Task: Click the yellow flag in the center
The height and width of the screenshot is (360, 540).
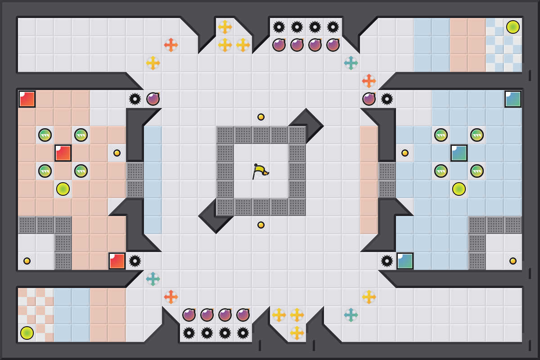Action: (x=260, y=171)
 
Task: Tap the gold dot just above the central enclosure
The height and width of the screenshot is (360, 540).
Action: (x=261, y=117)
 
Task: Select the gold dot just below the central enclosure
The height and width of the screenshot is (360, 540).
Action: (x=261, y=225)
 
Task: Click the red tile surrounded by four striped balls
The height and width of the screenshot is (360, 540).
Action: (x=63, y=153)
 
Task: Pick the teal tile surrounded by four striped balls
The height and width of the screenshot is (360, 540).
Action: (x=459, y=153)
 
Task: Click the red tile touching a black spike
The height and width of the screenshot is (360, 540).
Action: (x=117, y=261)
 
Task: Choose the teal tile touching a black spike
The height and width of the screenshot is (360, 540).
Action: (x=405, y=261)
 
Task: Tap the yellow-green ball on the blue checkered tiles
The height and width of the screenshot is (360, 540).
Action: (x=513, y=27)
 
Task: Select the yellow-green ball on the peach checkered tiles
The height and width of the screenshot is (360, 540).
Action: (x=27, y=333)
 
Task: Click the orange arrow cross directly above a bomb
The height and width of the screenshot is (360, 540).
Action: (x=369, y=81)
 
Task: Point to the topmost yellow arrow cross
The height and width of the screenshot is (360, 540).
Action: (x=225, y=27)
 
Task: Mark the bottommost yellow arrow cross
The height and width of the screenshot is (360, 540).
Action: (x=297, y=333)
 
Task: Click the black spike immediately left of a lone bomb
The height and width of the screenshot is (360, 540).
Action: (x=135, y=99)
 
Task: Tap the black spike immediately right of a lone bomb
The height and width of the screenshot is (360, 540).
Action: (x=387, y=99)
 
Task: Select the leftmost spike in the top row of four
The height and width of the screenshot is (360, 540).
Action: (x=279, y=27)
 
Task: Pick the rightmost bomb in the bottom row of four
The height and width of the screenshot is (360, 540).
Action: (x=243, y=315)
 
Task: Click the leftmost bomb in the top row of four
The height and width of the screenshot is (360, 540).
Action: (x=279, y=45)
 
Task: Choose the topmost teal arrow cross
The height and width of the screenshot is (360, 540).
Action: (x=351, y=63)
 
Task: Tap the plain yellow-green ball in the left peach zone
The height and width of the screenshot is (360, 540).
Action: (x=63, y=189)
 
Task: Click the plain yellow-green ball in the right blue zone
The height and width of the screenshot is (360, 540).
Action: (x=459, y=189)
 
